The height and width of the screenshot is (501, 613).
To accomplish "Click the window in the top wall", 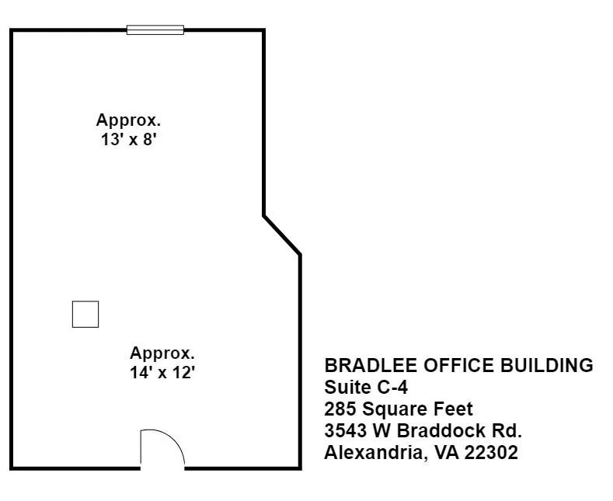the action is coord(155,30).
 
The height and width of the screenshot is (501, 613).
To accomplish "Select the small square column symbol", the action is coord(85,315).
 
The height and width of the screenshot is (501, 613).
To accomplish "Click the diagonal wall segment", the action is coord(282,235).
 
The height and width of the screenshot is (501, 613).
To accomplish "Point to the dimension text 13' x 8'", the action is coord(129,140).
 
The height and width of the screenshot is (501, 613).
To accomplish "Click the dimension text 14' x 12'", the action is coord(162,372).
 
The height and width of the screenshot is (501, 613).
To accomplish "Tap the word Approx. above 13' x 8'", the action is coord(128,120).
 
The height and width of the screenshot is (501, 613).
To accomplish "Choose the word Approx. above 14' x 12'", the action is coord(162,353).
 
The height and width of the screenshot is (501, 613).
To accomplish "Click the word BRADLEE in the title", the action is coord(371,365).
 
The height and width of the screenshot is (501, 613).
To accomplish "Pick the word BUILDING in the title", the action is coord(546,365).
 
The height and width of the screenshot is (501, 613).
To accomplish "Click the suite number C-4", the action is coord(392,388).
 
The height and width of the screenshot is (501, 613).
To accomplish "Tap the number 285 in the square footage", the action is coord(340,409).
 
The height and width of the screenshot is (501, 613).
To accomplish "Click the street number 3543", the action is coord(346,430).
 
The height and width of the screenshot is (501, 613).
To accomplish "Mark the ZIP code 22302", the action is coord(492,453).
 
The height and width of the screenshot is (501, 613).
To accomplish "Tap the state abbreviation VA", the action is coord(447,453).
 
